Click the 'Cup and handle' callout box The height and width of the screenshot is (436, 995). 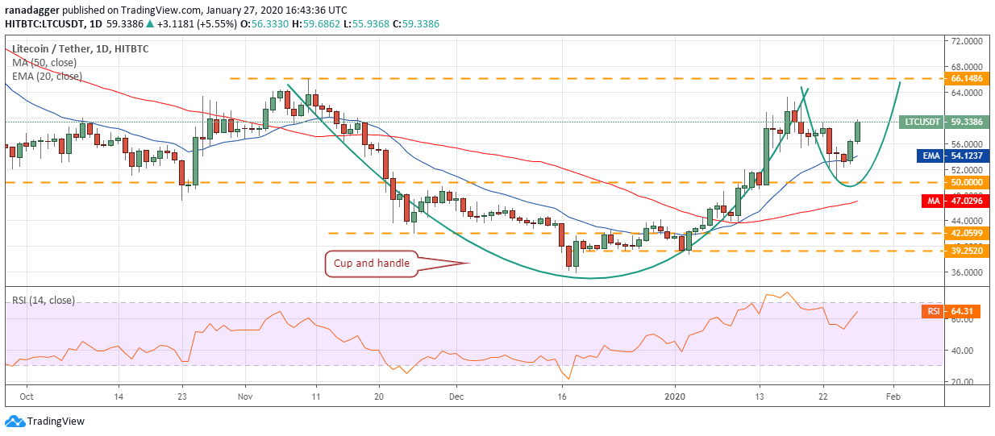pos(372,264)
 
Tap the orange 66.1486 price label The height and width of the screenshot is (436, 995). pos(967,79)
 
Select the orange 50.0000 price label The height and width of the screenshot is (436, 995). pos(967,182)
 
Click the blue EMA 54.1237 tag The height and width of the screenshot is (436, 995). pos(953,156)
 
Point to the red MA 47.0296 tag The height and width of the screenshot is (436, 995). pos(955,201)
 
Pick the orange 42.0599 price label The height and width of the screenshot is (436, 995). pos(967,233)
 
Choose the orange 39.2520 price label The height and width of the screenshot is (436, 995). pos(967,251)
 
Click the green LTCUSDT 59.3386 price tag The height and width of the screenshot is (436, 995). pos(944,122)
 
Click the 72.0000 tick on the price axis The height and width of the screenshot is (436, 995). pos(967,41)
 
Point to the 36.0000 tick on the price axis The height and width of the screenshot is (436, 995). pos(967,272)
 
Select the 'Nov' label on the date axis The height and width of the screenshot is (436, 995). pos(245,397)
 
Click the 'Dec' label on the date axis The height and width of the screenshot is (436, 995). pos(456,397)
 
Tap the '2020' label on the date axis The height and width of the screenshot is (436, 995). pos(675,397)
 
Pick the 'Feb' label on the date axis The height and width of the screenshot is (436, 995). pos(893,397)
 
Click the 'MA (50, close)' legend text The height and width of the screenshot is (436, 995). pos(44,63)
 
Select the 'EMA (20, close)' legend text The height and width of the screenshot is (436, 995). pos(47,77)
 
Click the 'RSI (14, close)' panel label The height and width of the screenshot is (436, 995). pos(44,301)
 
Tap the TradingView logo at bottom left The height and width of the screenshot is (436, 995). pos(44,421)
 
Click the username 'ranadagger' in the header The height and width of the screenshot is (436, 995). pos(32,10)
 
